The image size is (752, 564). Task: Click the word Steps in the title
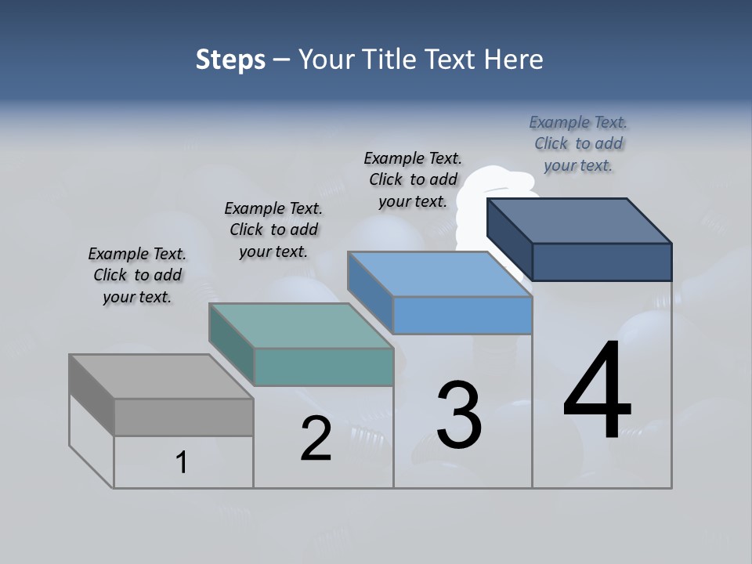[x=230, y=60]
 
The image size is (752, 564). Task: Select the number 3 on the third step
[x=459, y=415]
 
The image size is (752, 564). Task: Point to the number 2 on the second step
[x=316, y=439]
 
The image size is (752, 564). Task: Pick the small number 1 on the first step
[x=182, y=462]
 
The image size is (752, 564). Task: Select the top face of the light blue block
[x=439, y=274]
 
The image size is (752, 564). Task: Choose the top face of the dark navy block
[x=579, y=221]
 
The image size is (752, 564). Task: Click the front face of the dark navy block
[x=602, y=262]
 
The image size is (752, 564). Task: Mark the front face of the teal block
[x=324, y=367]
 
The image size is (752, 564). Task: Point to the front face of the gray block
[x=183, y=418]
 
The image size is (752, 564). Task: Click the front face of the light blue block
[x=462, y=316]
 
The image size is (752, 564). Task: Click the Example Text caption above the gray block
[x=137, y=275]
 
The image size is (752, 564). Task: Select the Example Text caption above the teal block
[x=273, y=230]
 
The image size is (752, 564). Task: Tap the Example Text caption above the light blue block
[x=413, y=179]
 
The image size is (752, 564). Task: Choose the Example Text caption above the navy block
[x=578, y=143]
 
